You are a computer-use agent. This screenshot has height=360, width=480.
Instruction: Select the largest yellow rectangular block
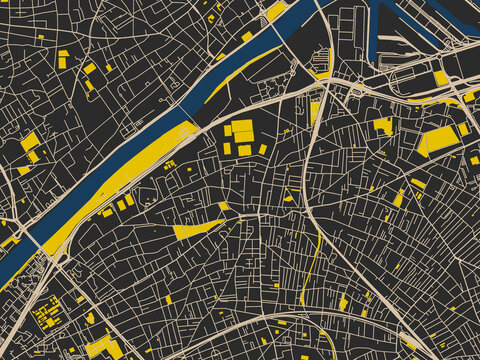point(440,139)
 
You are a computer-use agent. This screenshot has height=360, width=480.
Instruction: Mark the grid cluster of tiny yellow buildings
point(46,314)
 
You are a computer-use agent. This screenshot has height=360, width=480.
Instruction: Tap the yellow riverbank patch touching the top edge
point(275,10)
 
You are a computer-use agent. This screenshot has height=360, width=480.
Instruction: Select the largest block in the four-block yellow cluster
point(243,131)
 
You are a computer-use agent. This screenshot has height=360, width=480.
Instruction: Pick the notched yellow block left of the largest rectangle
point(383,126)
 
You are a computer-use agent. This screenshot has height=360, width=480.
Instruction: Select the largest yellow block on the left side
point(30,141)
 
